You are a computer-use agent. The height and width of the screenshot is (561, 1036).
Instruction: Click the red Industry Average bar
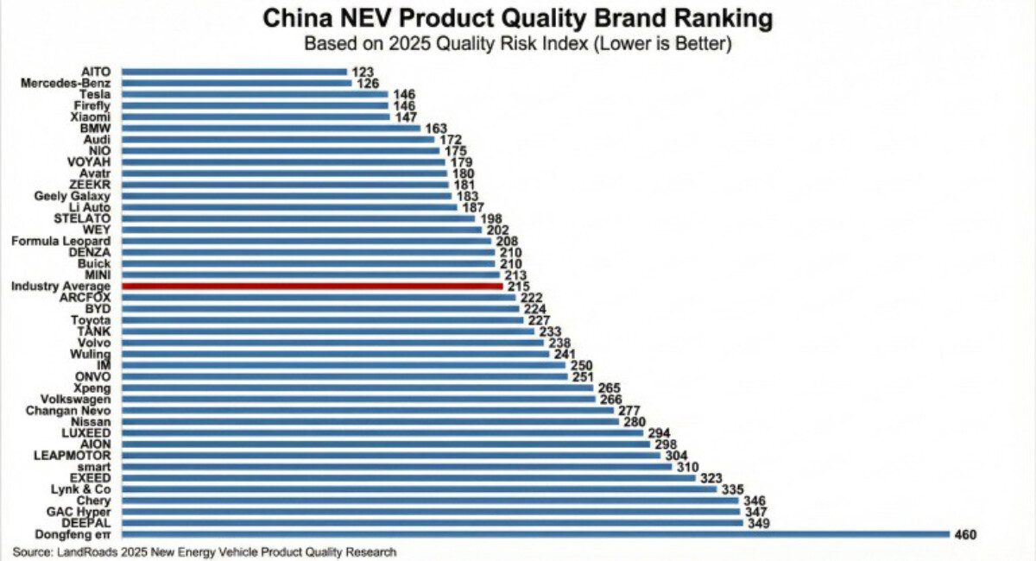pyautogui.click(x=311, y=286)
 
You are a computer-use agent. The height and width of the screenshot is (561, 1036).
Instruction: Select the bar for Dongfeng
pyautogui.click(x=535, y=534)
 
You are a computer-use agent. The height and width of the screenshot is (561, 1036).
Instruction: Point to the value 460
pyautogui.click(x=964, y=535)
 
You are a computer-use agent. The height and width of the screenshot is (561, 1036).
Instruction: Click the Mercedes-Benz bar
pyautogui.click(x=237, y=83)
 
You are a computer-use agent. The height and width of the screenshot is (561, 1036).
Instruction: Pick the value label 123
pyautogui.click(x=361, y=72)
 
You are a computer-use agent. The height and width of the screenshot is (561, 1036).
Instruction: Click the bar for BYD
pyautogui.click(x=319, y=308)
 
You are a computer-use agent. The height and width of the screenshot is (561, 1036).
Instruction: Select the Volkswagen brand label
pyautogui.click(x=76, y=399)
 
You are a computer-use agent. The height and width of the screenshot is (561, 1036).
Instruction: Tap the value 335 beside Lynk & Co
pyautogui.click(x=733, y=489)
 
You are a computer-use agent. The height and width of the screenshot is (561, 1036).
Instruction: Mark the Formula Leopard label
pyautogui.click(x=61, y=241)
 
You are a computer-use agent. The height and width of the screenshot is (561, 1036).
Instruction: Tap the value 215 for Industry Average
pyautogui.click(x=519, y=287)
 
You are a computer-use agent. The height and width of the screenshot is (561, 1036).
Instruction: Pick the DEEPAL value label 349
pyautogui.click(x=756, y=523)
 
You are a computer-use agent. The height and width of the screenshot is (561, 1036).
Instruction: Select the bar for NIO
pyautogui.click(x=281, y=150)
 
